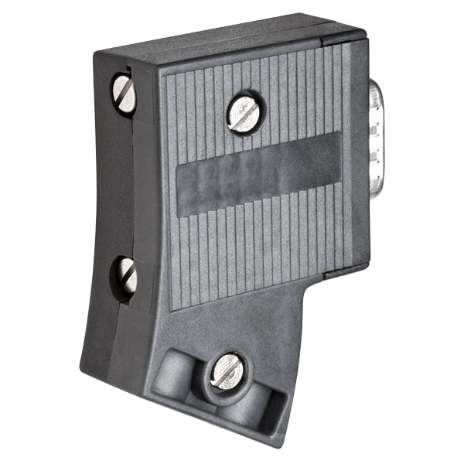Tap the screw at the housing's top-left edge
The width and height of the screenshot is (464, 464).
124,94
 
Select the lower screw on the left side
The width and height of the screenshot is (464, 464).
127,275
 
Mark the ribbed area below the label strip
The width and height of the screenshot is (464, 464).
247,247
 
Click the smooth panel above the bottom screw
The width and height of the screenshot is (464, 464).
232,325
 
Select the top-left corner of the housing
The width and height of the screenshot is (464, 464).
96,54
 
